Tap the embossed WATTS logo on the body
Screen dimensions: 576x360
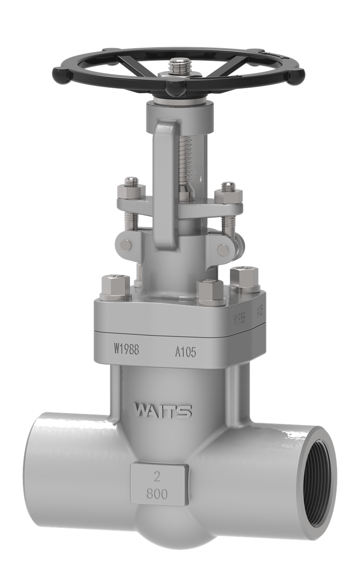coord(164,411)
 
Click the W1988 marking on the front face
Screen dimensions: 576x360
coord(126,349)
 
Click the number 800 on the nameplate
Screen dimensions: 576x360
coord(157,494)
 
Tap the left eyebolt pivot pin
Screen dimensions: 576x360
coord(124,245)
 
